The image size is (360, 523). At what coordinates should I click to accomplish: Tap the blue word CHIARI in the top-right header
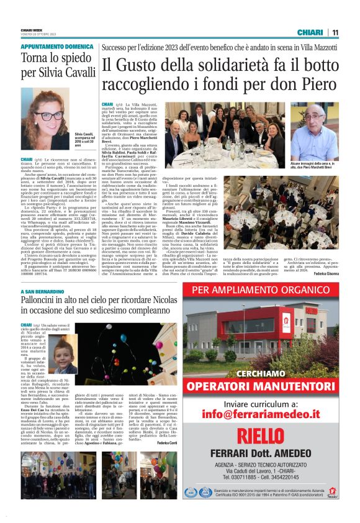(308, 32)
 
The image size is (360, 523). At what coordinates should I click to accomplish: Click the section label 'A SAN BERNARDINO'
(43, 292)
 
